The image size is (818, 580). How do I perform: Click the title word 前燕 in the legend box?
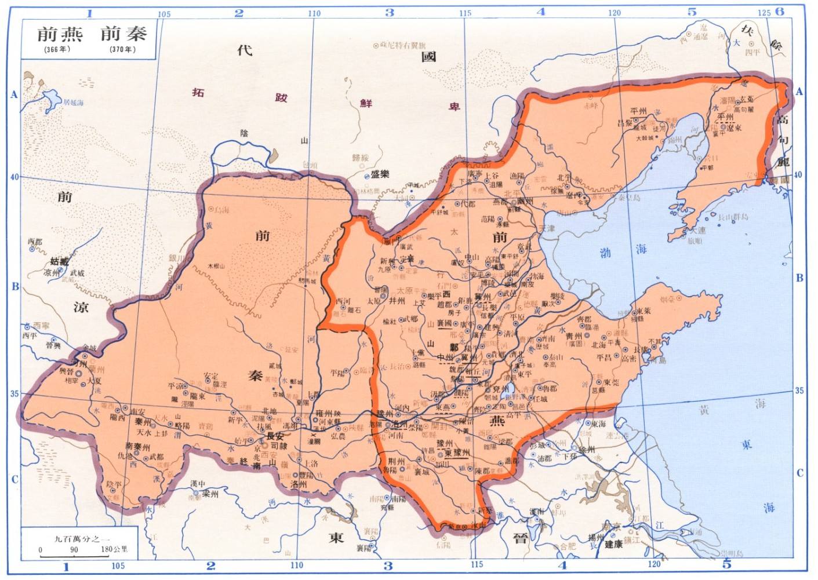60,34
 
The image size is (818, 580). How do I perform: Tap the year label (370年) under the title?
122,49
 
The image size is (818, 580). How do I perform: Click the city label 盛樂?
380,174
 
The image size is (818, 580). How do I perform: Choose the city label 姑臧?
59,262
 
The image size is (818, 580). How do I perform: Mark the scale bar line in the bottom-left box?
74,556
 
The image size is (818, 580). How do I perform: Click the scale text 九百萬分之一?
81,538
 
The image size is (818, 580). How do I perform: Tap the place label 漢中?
198,483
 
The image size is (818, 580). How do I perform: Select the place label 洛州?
298,484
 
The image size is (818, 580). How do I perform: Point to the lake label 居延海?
74,103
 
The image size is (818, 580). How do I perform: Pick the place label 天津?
547,228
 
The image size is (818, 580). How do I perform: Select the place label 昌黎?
624,123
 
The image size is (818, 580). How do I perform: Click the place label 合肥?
568,546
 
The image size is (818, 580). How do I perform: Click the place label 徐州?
587,449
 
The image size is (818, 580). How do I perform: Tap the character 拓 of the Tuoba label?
198,92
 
